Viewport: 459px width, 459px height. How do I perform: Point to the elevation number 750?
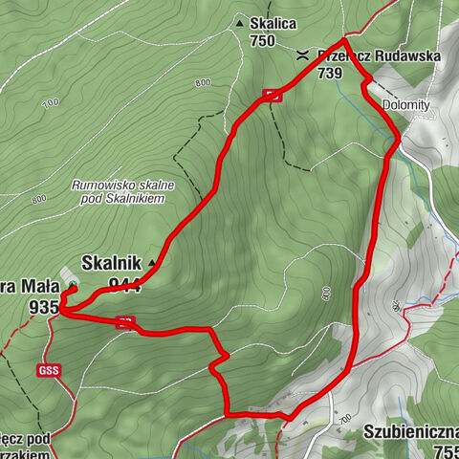[x=262, y=41]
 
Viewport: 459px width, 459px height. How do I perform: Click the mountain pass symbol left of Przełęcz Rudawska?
[x=302, y=55]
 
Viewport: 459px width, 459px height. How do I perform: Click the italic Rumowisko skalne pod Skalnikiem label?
[x=119, y=191]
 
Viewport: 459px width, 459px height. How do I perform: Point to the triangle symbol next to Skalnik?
[x=151, y=261]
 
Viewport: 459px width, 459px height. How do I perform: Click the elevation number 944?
[x=125, y=283]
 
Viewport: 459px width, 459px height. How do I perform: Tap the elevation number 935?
[x=44, y=306]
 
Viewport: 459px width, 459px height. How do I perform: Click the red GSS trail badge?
[x=50, y=371]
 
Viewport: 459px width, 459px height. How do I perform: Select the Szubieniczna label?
[x=410, y=431]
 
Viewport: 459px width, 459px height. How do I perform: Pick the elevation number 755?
[x=444, y=451]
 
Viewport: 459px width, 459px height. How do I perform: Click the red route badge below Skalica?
[x=272, y=94]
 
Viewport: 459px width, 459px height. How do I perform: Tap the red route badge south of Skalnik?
[x=125, y=322]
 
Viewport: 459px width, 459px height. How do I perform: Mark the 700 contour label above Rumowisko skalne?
[x=50, y=101]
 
